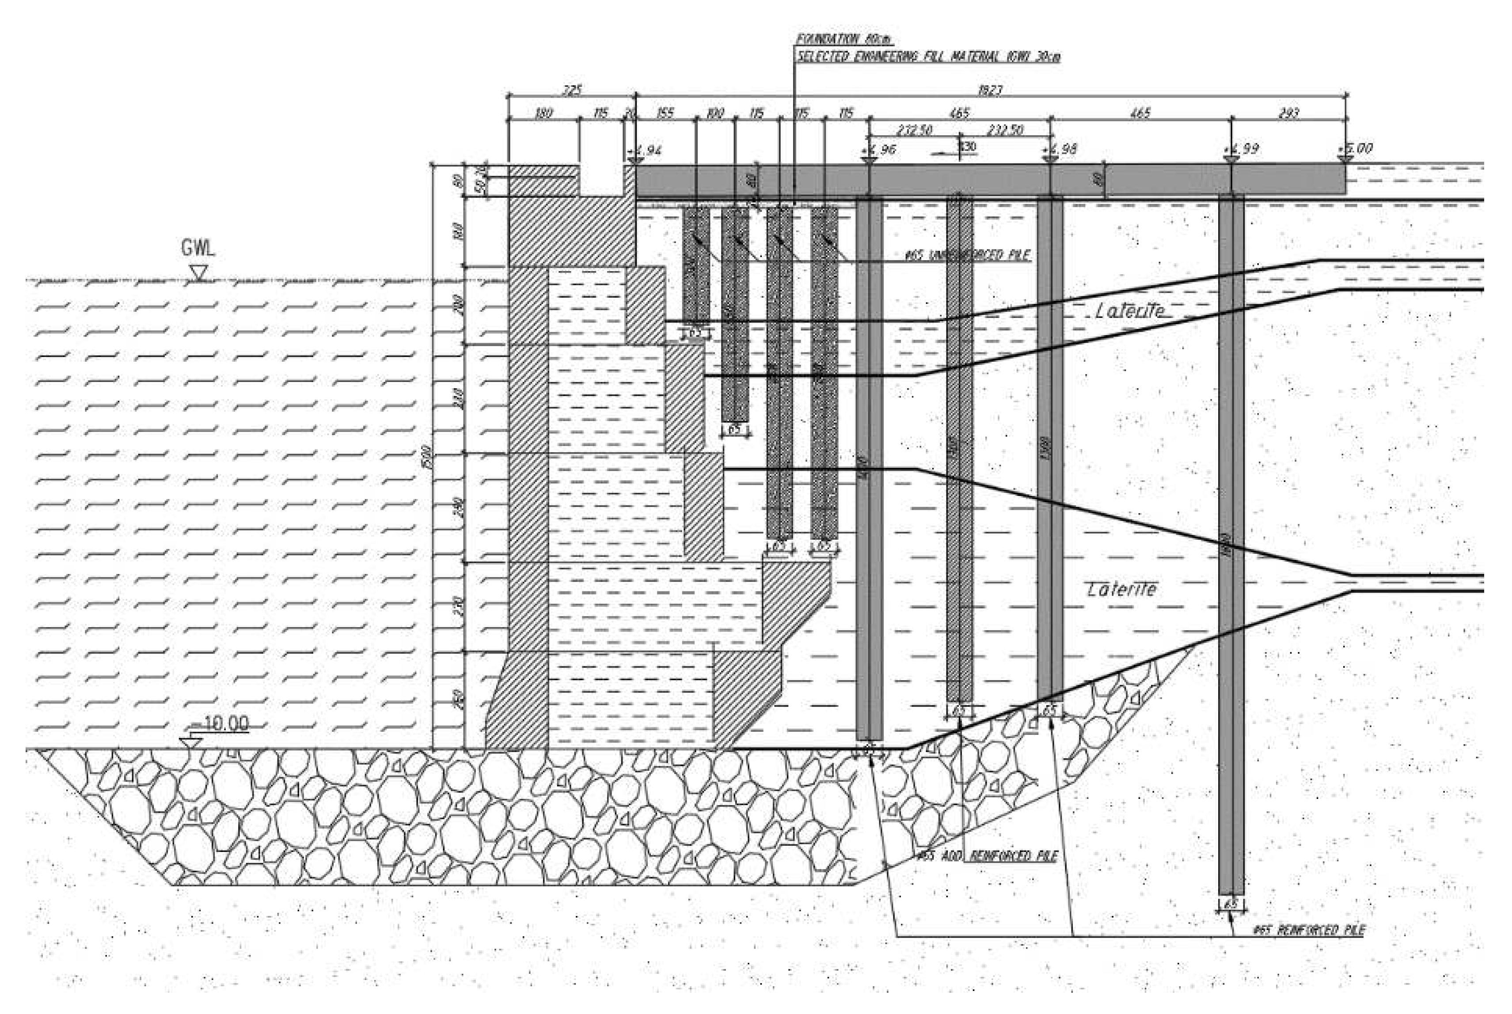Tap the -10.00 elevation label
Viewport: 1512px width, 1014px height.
[x=220, y=724]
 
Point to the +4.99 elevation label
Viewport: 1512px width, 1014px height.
[x=1242, y=149]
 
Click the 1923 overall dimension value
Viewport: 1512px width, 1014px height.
[x=990, y=91]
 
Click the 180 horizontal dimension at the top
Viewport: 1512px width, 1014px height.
[x=543, y=114]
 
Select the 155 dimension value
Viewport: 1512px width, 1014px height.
[x=665, y=114]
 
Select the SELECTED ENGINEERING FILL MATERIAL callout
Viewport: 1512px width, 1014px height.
[x=928, y=57]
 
